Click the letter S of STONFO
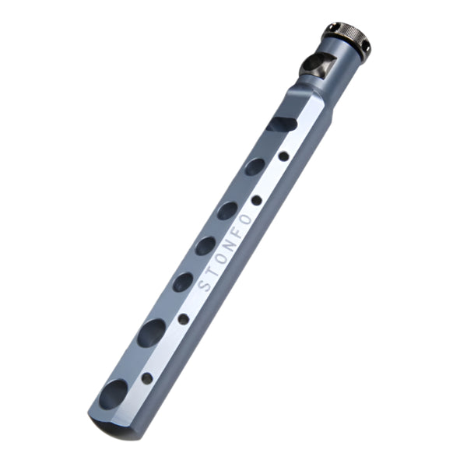coord(204,285)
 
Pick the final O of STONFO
coord(246,219)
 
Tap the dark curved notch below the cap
coord(316,63)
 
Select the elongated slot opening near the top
coord(282,125)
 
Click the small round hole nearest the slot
coord(284,156)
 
